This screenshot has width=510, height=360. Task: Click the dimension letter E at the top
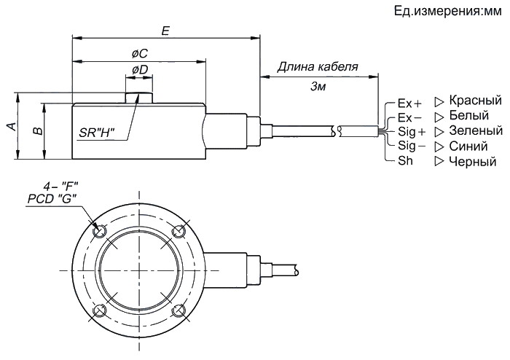(165, 31)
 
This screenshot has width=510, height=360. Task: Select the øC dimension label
(140, 54)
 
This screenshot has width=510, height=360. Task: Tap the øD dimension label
(140, 69)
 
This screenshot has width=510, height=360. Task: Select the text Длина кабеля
(318, 67)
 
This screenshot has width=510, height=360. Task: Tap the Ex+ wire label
(409, 103)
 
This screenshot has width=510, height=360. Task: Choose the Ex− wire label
(409, 117)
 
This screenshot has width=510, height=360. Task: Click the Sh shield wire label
(405, 160)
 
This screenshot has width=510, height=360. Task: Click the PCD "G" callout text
(52, 197)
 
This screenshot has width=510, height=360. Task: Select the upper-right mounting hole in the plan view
(176, 232)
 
